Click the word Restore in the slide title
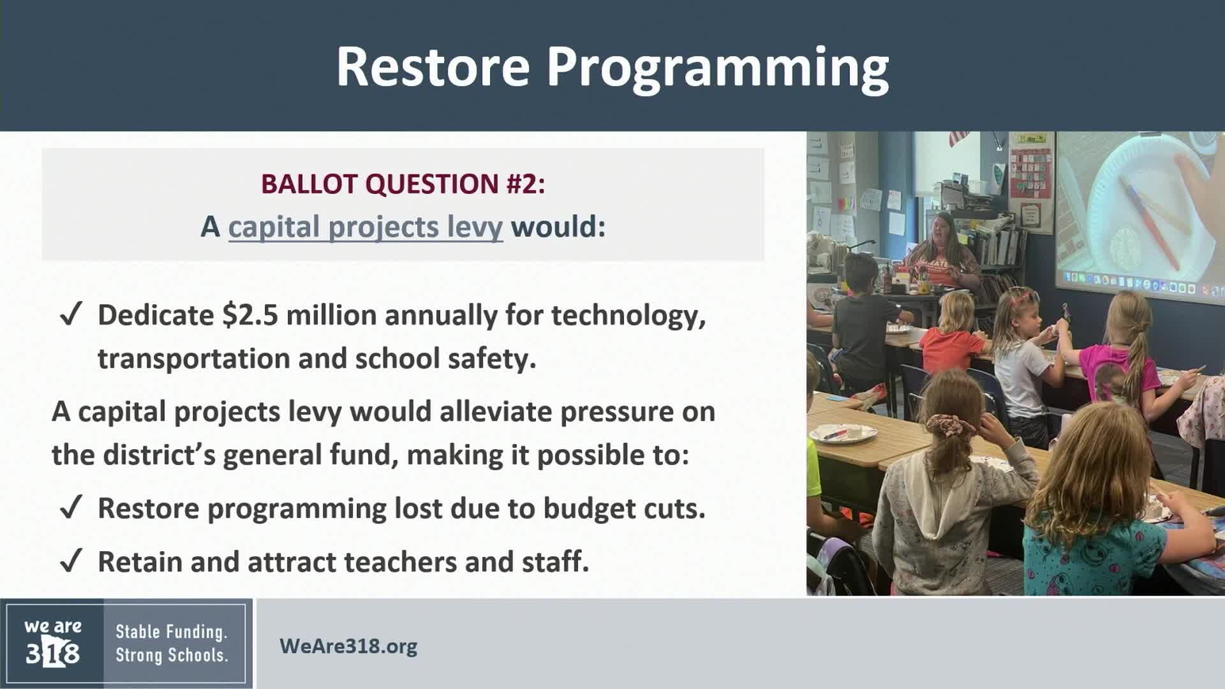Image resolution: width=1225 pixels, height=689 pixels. point(433,66)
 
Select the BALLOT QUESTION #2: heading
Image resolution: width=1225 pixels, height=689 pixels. point(403,184)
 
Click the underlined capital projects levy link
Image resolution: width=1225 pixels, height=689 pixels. point(366,227)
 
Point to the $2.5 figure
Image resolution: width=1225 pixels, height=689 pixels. point(250,315)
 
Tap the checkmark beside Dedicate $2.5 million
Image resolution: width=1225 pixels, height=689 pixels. point(70,316)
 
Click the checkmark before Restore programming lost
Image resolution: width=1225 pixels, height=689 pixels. point(70,508)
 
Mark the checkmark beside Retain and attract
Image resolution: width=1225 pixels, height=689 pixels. point(70,562)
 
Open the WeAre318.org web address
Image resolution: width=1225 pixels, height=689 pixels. point(348,646)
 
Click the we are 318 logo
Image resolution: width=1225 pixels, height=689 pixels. point(53,643)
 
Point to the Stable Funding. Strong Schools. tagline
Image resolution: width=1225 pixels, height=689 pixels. point(172,644)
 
